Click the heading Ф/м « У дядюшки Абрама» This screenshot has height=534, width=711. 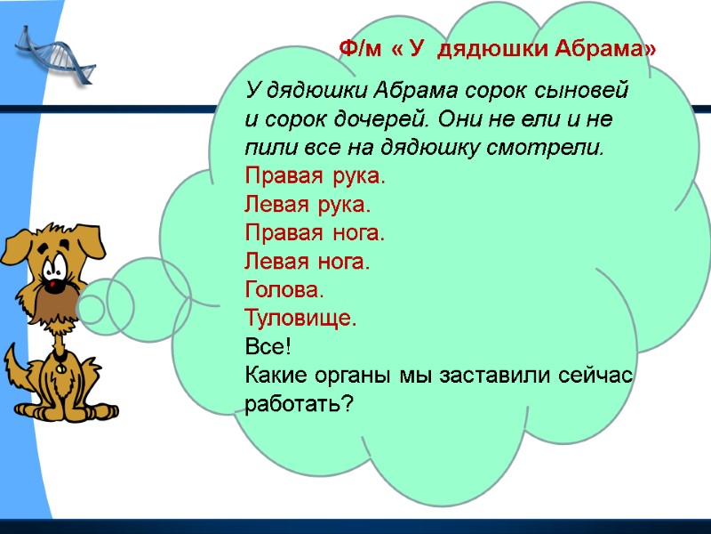(499, 49)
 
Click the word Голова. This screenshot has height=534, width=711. (284, 290)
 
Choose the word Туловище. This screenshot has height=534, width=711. (300, 319)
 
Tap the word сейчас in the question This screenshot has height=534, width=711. (596, 376)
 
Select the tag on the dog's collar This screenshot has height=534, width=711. (60, 361)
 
